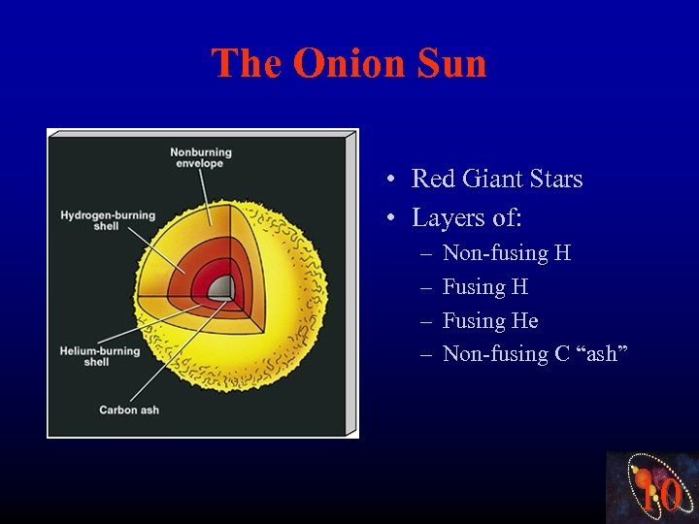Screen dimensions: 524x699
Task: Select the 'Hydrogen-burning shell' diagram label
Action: click(108, 220)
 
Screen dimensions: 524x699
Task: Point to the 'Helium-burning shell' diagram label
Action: click(100, 356)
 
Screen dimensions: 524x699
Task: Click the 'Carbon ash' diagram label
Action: click(128, 410)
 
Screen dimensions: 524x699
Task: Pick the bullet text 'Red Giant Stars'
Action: click(497, 180)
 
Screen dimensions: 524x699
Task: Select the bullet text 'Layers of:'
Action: click(467, 218)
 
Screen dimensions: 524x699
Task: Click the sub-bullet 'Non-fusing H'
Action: click(506, 254)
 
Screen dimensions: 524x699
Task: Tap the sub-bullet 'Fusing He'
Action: click(490, 321)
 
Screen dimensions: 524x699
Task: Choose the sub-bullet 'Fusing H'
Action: click(485, 287)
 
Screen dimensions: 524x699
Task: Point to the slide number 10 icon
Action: click(652, 488)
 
